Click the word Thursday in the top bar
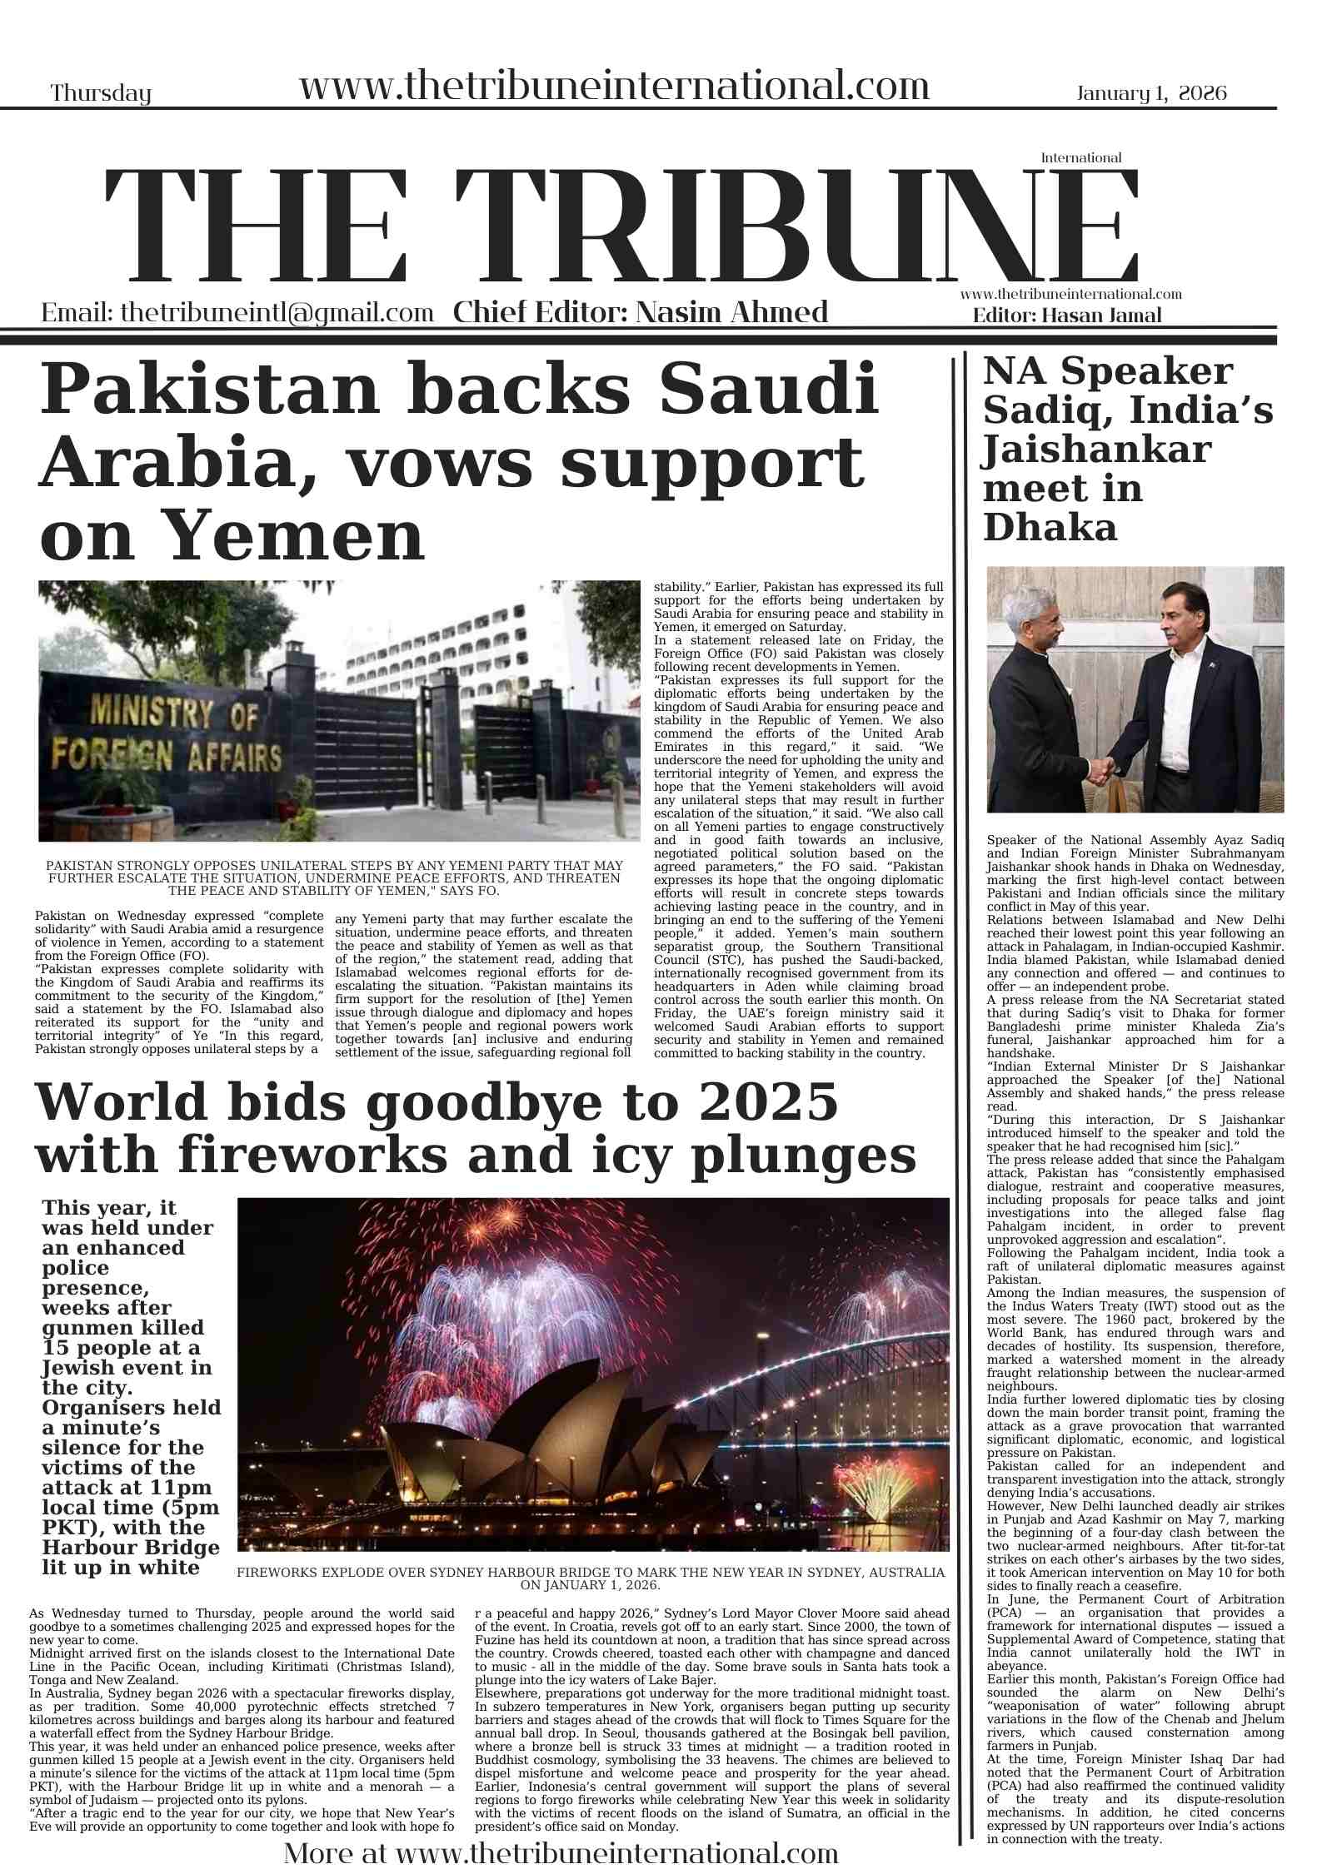point(101,93)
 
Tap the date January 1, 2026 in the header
point(1151,92)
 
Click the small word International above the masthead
point(1080,157)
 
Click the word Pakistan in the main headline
point(210,390)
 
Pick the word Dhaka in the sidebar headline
point(1050,528)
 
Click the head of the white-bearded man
point(1040,620)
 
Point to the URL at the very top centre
point(614,86)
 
